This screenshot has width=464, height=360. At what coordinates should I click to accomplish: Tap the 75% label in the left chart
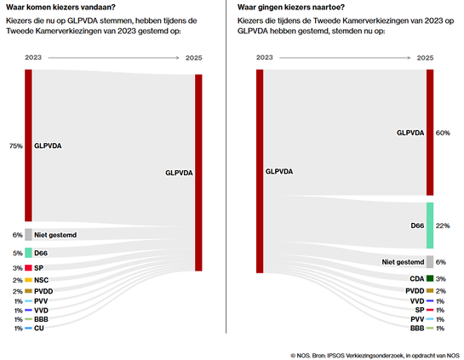(16, 146)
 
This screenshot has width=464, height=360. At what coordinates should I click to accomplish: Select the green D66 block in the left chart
(28, 253)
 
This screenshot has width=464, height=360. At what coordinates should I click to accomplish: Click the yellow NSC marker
(28, 280)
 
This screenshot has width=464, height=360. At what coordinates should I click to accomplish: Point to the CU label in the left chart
(39, 328)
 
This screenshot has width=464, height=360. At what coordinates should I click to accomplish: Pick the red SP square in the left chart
(28, 267)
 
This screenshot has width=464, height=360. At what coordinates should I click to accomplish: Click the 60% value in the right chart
(442, 134)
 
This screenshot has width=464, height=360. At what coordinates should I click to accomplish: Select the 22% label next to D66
(442, 226)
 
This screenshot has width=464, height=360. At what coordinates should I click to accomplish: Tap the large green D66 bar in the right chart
(430, 226)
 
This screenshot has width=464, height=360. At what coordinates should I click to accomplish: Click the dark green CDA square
(430, 278)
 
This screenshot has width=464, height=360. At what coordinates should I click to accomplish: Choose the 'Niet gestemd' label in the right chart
(402, 261)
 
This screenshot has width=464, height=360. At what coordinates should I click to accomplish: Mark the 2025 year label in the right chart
(426, 58)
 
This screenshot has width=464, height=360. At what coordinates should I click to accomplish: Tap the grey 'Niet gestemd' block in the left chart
(28, 234)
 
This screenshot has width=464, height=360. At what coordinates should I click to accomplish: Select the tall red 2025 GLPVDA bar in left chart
(198, 173)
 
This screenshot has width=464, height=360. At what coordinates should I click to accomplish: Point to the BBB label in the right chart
(416, 328)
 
